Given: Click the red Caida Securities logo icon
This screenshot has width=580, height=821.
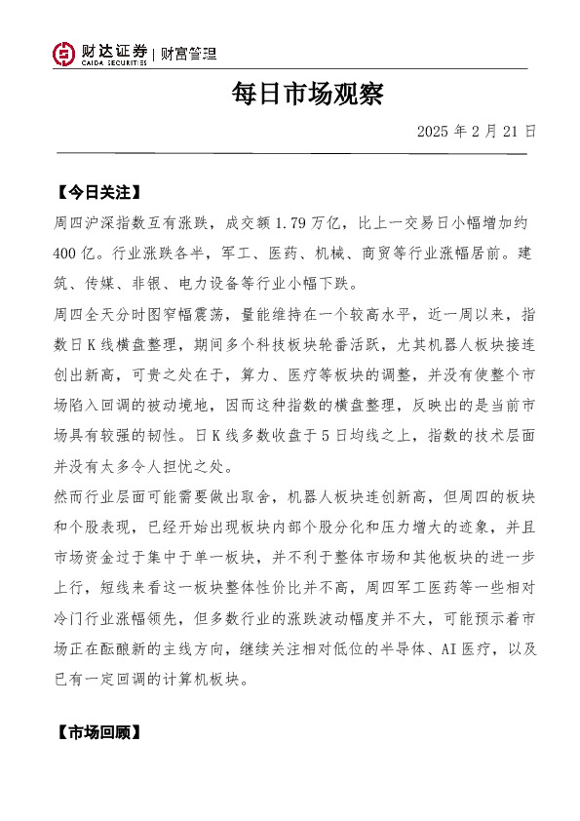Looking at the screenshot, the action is coord(63,54).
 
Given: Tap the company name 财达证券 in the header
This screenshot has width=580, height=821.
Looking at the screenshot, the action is coord(112,51).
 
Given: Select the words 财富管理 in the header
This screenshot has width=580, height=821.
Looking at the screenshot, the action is coord(188,54).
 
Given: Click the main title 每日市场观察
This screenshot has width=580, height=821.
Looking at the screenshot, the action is coord(290,95).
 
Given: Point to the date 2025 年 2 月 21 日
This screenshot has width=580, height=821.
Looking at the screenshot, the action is coord(477,131).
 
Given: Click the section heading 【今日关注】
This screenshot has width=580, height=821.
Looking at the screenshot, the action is coord(99,191).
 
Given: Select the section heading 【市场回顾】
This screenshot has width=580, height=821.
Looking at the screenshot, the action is coord(99,731).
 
